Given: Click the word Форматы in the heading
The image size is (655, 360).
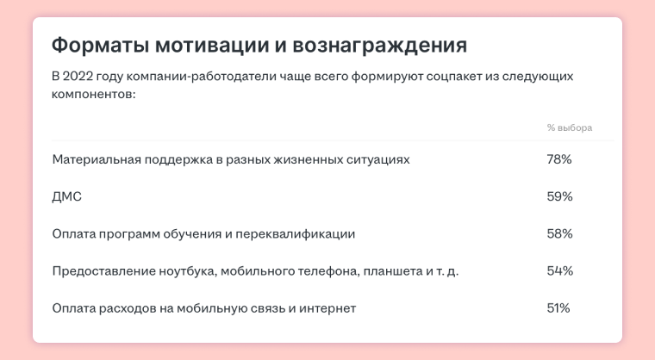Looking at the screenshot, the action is [x=100, y=45].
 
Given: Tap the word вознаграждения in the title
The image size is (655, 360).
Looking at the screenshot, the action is [x=379, y=46].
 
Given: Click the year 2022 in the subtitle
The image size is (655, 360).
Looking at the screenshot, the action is [x=78, y=77].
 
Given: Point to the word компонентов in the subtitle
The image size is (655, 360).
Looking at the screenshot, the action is [x=94, y=95].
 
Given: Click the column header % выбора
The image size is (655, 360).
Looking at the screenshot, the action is [x=570, y=127].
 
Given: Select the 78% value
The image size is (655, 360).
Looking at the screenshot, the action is [x=559, y=159].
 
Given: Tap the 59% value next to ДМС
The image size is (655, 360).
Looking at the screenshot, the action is [x=559, y=196].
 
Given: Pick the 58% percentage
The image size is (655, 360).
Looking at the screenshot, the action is [x=559, y=233].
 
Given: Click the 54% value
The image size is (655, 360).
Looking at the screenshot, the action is [x=559, y=270].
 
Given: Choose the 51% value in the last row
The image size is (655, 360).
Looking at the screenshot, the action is [x=558, y=308].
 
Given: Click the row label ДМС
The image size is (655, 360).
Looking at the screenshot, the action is [x=67, y=196].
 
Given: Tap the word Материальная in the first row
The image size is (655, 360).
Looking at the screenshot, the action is [x=97, y=159].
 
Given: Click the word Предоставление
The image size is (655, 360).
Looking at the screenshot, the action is [x=103, y=271].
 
